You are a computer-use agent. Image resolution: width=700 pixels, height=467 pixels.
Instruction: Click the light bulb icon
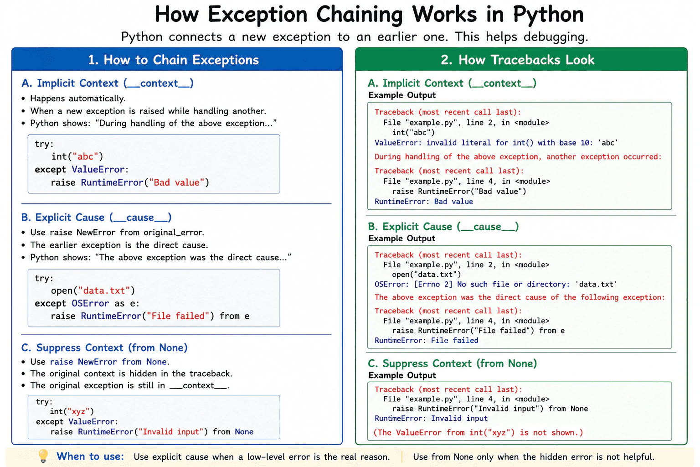pyautogui.click(x=43, y=456)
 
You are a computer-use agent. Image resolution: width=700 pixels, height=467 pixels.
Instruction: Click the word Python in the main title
pyautogui.click(x=548, y=15)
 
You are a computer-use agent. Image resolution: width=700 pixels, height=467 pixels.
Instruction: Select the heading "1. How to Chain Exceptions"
pyautogui.click(x=174, y=60)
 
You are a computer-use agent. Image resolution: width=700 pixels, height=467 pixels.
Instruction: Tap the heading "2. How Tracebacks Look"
pyautogui.click(x=518, y=60)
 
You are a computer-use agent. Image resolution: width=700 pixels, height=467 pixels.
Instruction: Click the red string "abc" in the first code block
pyautogui.click(x=85, y=156)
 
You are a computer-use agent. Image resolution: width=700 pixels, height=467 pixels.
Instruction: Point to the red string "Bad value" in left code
pyautogui.click(x=176, y=182)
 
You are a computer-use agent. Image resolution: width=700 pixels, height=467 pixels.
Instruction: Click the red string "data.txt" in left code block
pyautogui.click(x=104, y=291)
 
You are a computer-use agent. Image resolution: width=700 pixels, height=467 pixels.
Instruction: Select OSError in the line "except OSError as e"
pyautogui.click(x=90, y=303)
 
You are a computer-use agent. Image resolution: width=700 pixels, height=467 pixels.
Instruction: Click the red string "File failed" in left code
pyautogui.click(x=178, y=316)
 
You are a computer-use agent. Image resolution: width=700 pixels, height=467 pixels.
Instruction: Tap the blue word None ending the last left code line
pyautogui.click(x=244, y=431)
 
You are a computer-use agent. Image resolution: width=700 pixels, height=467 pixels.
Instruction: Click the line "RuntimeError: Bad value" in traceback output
pyautogui.click(x=424, y=202)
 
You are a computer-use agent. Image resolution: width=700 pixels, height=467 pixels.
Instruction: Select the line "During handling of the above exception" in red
pyautogui.click(x=518, y=157)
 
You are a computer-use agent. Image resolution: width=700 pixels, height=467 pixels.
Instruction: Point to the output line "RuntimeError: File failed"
pyautogui.click(x=427, y=340)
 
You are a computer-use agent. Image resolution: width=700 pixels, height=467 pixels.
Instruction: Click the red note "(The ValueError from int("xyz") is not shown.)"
pyautogui.click(x=478, y=433)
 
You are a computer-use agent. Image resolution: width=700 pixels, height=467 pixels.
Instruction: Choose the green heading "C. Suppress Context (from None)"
pyautogui.click(x=452, y=363)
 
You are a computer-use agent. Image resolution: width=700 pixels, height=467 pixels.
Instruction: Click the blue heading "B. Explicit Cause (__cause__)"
pyautogui.click(x=96, y=218)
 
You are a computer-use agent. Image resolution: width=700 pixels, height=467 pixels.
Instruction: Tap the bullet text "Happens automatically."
pyautogui.click(x=78, y=99)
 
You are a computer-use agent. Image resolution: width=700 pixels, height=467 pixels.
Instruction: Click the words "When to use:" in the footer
pyautogui.click(x=90, y=457)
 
